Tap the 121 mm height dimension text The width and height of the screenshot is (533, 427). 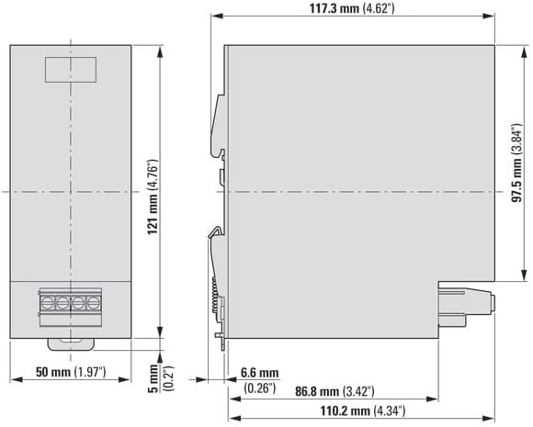click(153, 197)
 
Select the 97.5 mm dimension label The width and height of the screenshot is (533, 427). click(516, 163)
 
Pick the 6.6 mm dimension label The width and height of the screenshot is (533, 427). click(259, 373)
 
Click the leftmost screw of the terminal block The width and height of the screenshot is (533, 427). click(47, 302)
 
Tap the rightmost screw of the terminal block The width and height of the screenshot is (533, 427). click(94, 302)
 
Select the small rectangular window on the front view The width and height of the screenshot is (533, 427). click(71, 70)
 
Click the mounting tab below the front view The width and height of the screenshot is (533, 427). click(71, 344)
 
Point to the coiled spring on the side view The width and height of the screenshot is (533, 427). click(214, 294)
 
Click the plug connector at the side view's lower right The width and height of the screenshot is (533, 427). click(466, 307)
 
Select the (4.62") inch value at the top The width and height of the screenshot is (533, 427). click(379, 8)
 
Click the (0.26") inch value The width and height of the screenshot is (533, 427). click(259, 388)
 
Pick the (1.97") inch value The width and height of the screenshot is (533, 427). click(90, 372)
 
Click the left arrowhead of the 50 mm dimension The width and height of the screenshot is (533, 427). click(16, 379)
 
